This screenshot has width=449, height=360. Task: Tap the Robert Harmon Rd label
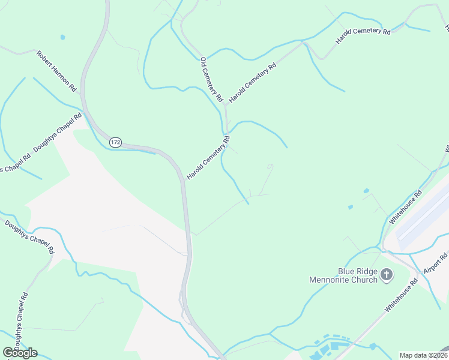(58, 71)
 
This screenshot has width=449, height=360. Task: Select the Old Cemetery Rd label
(212, 79)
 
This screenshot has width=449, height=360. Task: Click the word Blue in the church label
(331, 271)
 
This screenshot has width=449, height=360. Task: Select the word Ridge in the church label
(355, 271)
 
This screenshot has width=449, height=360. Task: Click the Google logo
(20, 352)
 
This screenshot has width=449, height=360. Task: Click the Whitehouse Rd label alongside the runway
(406, 207)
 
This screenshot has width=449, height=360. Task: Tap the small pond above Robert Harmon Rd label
(62, 37)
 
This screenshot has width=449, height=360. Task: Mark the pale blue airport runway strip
(423, 218)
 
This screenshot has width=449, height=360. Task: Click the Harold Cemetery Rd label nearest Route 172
(208, 158)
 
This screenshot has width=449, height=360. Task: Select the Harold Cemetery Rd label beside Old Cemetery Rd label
(252, 82)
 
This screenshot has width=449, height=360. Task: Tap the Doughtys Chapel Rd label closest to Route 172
(58, 133)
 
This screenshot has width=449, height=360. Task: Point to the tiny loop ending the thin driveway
(270, 166)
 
